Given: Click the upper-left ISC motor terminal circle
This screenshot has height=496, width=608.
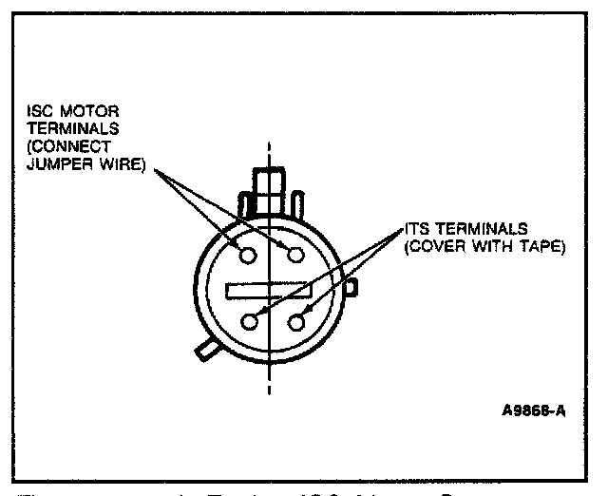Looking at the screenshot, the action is click(x=249, y=256).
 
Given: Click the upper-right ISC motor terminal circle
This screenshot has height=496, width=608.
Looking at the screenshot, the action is click(x=294, y=255).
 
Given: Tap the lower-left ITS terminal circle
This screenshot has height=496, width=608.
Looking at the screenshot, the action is click(x=250, y=321).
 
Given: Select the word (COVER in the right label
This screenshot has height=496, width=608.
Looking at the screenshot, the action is click(x=430, y=247).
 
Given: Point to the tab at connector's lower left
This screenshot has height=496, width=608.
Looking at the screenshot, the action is click(x=205, y=349).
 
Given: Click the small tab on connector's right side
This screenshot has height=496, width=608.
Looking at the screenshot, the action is click(x=351, y=285).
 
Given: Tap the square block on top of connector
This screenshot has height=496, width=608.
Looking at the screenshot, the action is click(x=270, y=181).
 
